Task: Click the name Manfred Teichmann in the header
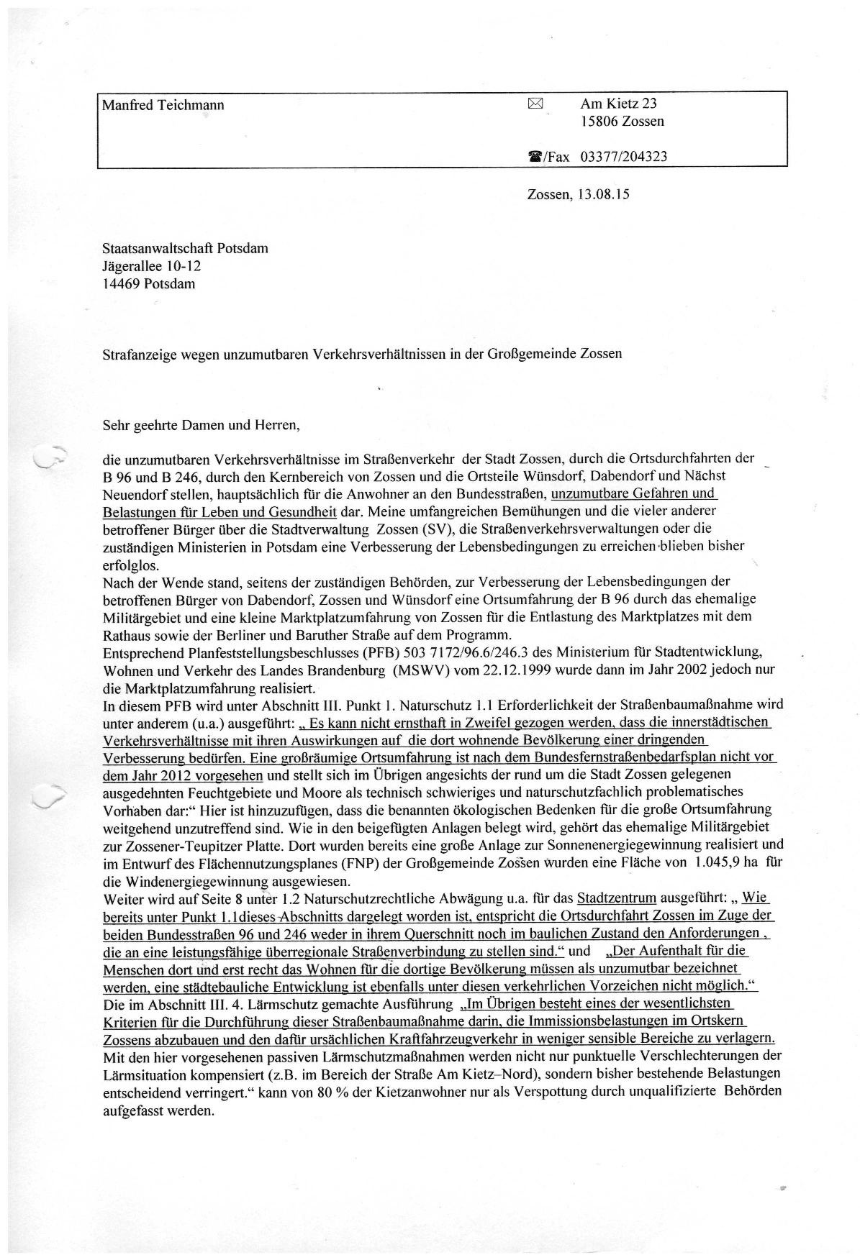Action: pyautogui.click(x=163, y=105)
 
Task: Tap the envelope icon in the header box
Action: pyautogui.click(x=534, y=104)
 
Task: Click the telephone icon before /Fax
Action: pyautogui.click(x=535, y=157)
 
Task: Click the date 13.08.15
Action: pyautogui.click(x=603, y=194)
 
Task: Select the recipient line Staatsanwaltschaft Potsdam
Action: pyautogui.click(x=185, y=249)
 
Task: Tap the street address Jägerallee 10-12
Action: pyautogui.click(x=152, y=266)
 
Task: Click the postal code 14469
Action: pyautogui.click(x=121, y=283)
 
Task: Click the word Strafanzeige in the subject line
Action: pyautogui.click(x=136, y=354)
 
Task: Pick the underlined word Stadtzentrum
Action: pyautogui.click(x=617, y=898)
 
